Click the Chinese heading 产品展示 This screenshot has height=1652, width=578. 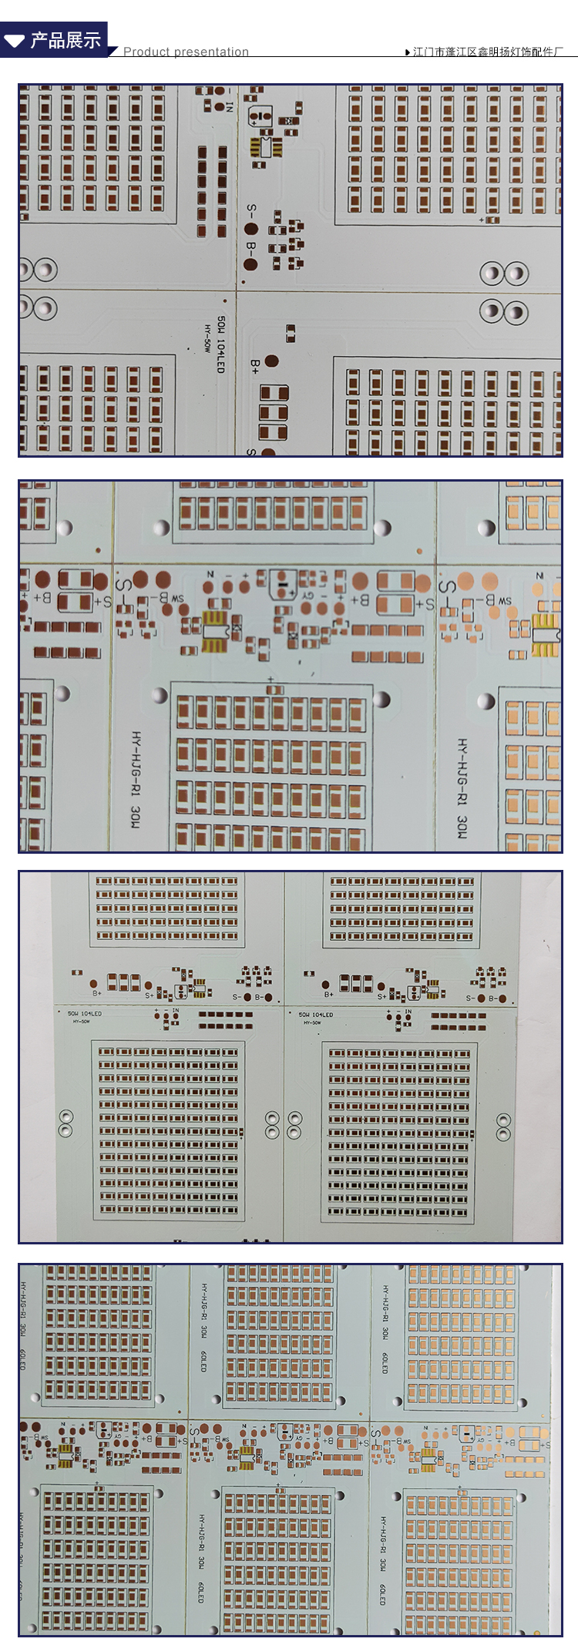point(66,40)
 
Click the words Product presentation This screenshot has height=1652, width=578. point(186,52)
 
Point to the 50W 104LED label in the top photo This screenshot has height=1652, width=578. point(220,344)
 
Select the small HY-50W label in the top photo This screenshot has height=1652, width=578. point(207,338)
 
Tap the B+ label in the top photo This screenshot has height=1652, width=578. point(255,367)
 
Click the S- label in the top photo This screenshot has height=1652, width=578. point(251,210)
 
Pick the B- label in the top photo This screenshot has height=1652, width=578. point(251,248)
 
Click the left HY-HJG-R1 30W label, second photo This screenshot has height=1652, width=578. point(136,779)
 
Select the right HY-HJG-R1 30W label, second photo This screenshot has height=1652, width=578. point(462,787)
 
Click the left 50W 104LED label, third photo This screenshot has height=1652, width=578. point(84,1014)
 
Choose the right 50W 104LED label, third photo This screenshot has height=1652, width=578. point(315,1015)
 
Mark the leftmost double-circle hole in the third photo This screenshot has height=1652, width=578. point(66,1123)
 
